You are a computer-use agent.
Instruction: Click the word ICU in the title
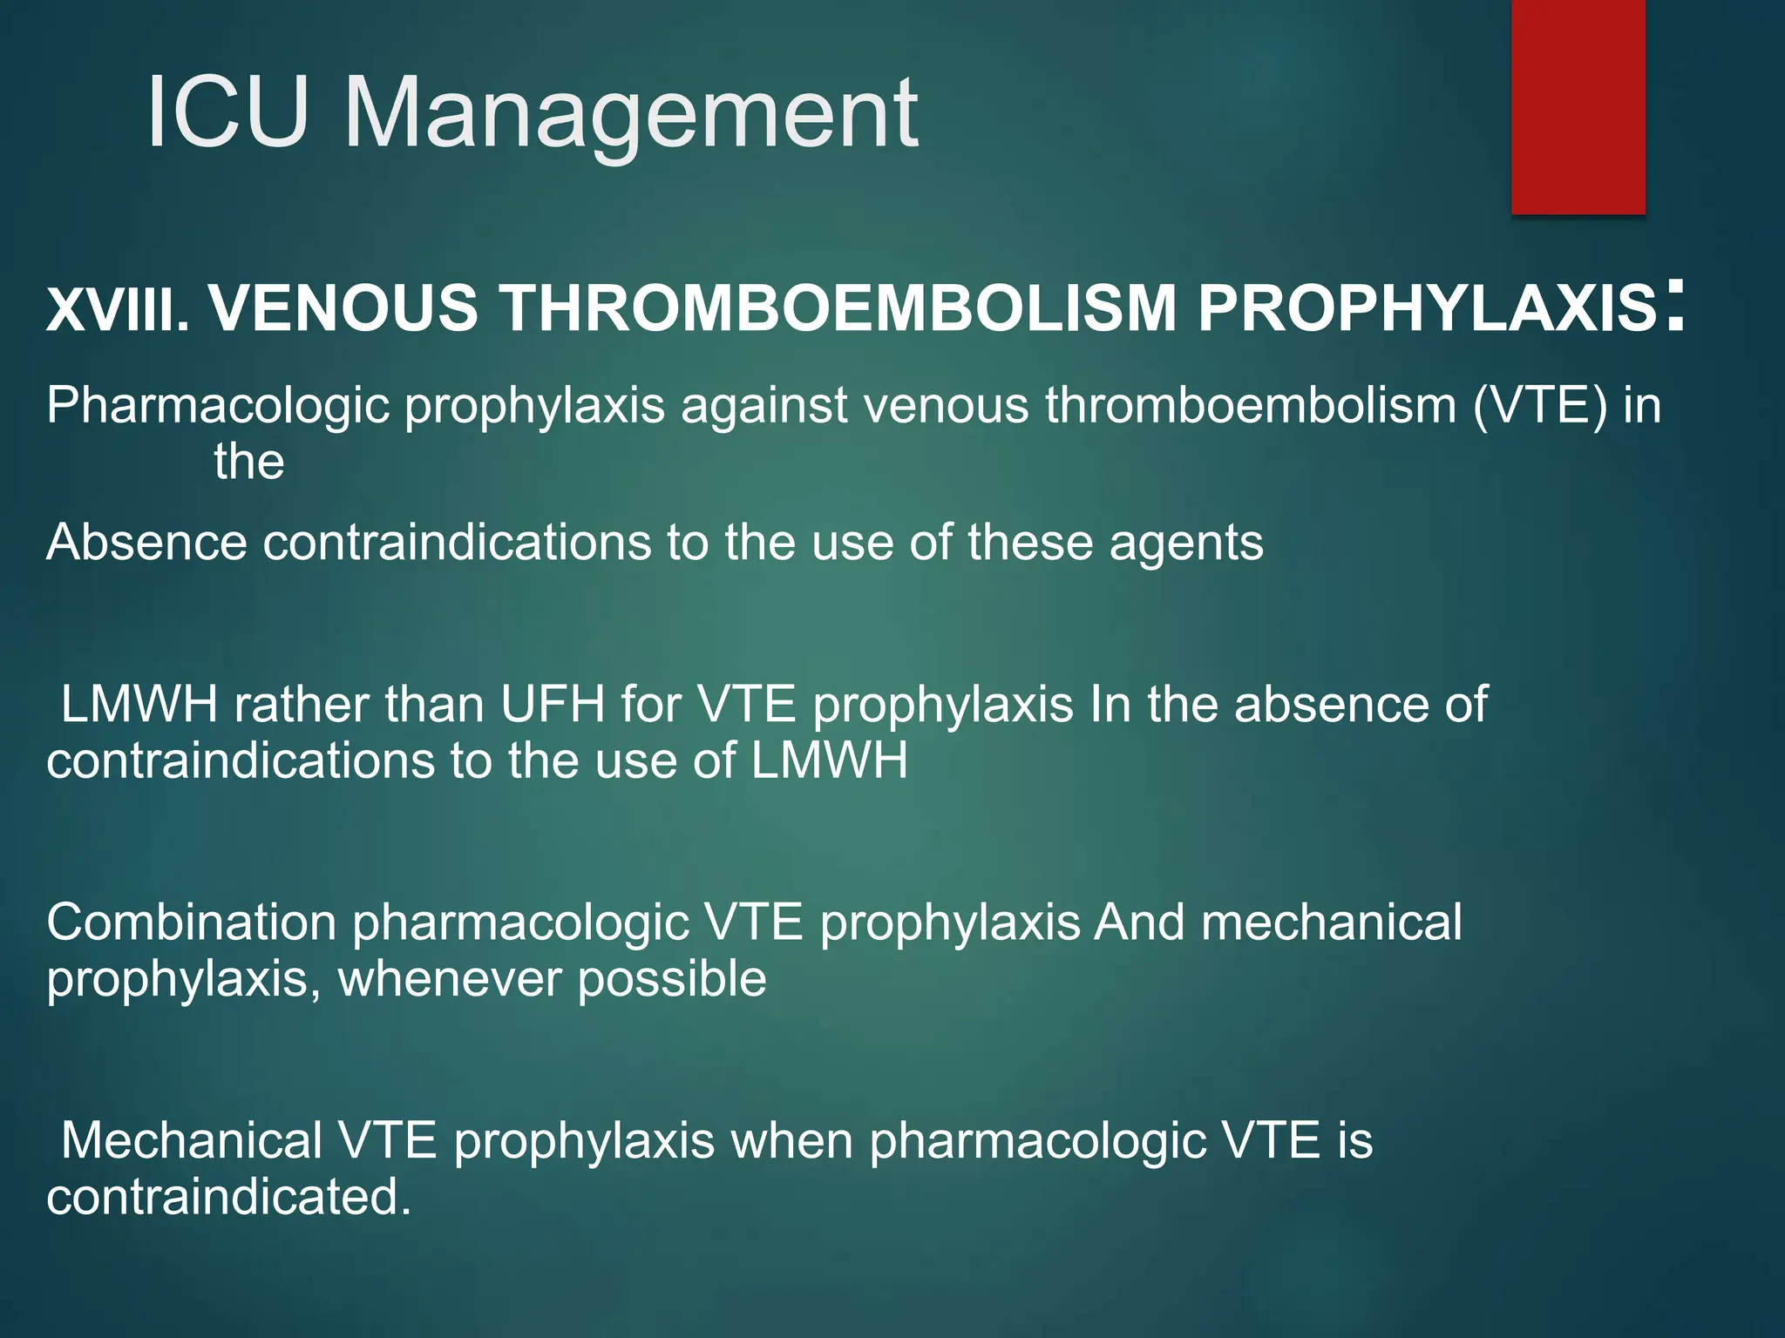(x=228, y=113)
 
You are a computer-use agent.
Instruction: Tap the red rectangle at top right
(x=1578, y=106)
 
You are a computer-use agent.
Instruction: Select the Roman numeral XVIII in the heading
(x=117, y=309)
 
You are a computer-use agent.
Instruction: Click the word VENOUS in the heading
(x=343, y=309)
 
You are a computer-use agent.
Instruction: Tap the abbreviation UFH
(x=552, y=704)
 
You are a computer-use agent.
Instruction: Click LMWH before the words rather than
(x=139, y=704)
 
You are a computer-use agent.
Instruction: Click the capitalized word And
(x=1139, y=922)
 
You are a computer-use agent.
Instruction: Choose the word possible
(x=672, y=979)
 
